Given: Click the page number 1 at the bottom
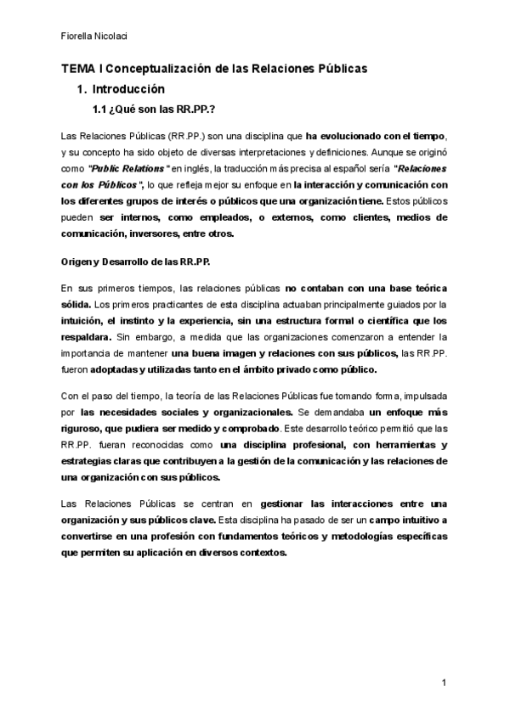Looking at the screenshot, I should coord(445,683).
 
